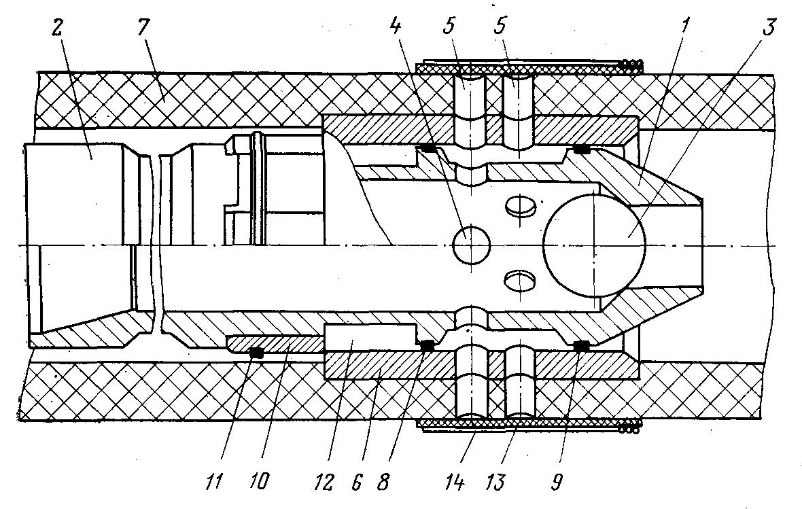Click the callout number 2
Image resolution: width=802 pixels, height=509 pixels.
(56, 29)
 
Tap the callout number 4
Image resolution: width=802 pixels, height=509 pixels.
(396, 26)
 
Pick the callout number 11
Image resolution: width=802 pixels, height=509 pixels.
(215, 481)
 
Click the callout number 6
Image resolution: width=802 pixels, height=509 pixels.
(357, 482)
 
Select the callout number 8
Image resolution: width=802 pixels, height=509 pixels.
(383, 482)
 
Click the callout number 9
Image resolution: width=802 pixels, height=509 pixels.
(557, 482)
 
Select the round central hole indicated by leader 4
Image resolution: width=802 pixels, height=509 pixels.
(472, 245)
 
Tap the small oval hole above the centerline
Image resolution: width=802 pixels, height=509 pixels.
(520, 206)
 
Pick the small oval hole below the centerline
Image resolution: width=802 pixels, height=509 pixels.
(520, 281)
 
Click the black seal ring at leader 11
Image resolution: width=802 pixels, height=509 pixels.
(256, 353)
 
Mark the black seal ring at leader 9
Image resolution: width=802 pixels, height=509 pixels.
(580, 347)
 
